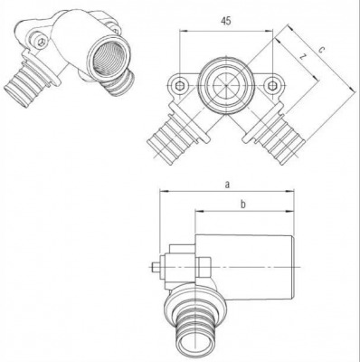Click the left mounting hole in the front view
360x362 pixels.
pyautogui.click(x=180, y=88)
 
